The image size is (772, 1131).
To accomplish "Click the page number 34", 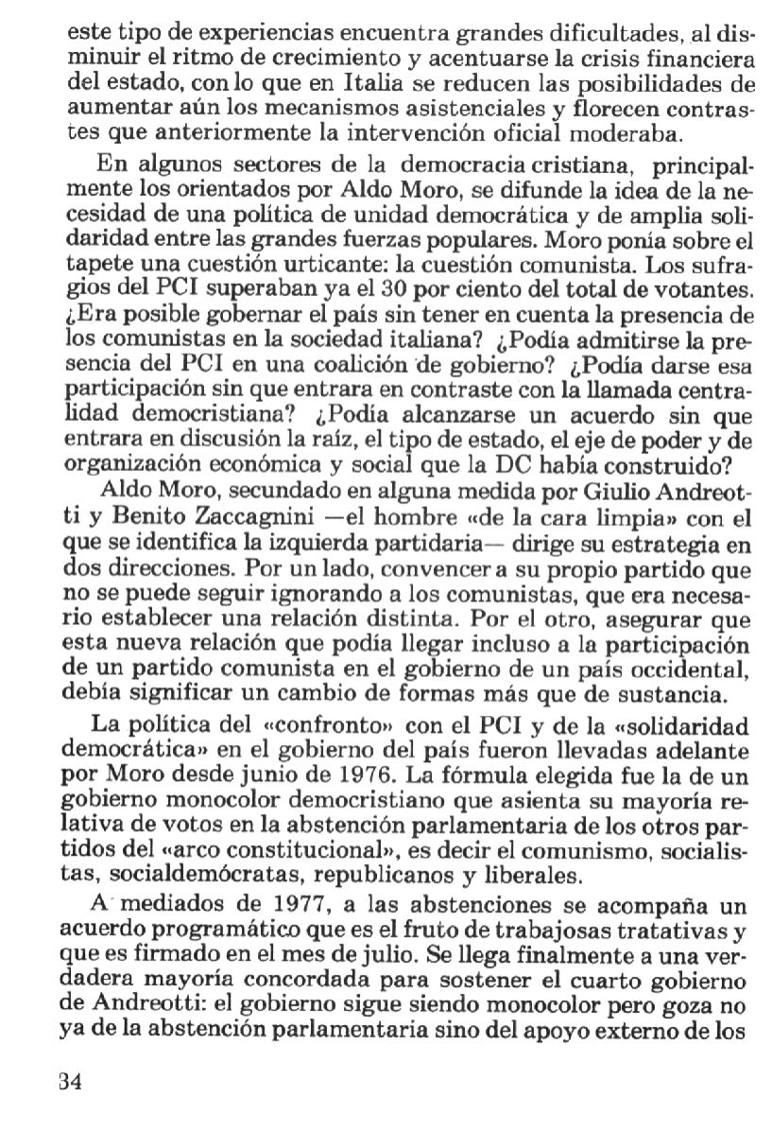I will click(71, 1082).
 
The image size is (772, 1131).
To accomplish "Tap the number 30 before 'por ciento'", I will click(401, 281).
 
